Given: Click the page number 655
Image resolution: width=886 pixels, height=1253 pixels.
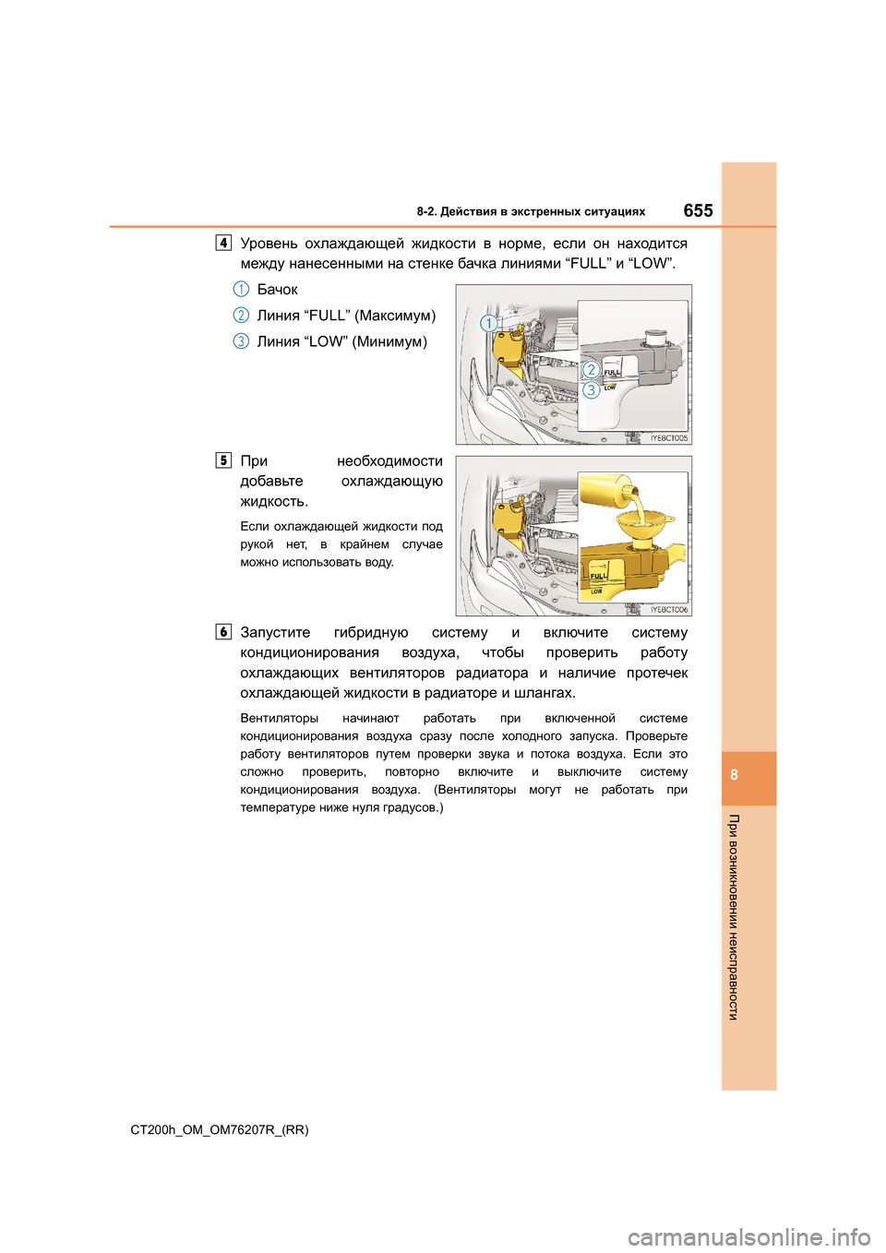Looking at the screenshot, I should coord(698,210).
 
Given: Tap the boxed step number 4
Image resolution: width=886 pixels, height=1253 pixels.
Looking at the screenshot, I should coord(223,243).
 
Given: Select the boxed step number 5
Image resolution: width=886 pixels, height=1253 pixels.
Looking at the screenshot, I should coord(223,460).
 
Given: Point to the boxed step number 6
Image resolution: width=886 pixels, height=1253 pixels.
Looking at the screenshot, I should coord(223,632).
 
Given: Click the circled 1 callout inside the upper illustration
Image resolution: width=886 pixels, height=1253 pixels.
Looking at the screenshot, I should coord(488,323).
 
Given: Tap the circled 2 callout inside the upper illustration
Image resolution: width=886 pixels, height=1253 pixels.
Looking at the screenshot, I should coord(591,370).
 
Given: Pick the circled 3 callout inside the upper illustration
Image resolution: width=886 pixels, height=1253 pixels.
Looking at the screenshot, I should coord(591,389).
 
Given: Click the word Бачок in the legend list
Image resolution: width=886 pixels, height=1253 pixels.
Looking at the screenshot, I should coord(277,290).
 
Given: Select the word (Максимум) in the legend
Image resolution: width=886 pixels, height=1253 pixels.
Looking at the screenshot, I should coord(395,316).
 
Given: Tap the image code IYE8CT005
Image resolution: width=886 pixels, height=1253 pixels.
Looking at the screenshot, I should coord(669,438).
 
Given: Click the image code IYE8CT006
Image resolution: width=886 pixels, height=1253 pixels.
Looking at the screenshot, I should coord(669,610).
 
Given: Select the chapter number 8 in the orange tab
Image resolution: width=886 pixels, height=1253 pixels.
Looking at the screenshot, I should coord(735,775).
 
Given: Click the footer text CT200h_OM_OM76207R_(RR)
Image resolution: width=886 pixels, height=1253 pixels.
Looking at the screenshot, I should coord(220,1129).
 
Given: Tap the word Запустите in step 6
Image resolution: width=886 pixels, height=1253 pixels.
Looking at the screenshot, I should coord(275,633).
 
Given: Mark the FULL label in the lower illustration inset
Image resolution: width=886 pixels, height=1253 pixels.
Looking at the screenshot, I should coord(598,576).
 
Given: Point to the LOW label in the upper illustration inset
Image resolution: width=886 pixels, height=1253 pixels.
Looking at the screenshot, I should coord(610,388).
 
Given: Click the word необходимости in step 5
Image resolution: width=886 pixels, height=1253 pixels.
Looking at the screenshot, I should coord(389,461).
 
